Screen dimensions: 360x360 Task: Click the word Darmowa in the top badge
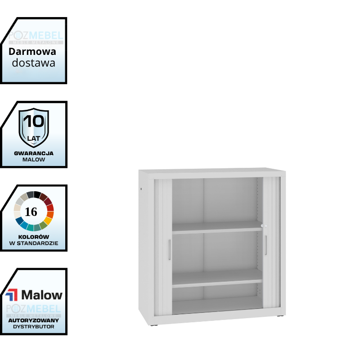point(32,51)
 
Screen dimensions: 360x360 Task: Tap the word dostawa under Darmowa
point(34,63)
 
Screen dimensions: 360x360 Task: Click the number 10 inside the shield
point(34,121)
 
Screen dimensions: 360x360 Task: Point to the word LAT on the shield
point(34,138)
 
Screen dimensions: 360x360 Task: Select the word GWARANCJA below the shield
point(34,153)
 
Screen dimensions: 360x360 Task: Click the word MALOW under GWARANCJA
point(34,160)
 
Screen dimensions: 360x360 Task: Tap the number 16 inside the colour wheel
point(31,212)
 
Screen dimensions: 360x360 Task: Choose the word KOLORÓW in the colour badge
point(34,237)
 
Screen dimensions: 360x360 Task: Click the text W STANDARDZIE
point(34,243)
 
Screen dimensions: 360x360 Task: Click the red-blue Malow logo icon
point(12,295)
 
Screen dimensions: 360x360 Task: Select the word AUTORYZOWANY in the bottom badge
point(34,320)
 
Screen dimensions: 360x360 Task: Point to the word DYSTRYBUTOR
point(34,326)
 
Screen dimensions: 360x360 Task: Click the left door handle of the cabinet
point(169,249)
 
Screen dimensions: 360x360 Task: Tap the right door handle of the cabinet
point(265,245)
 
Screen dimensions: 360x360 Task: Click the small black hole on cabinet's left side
point(140,189)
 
